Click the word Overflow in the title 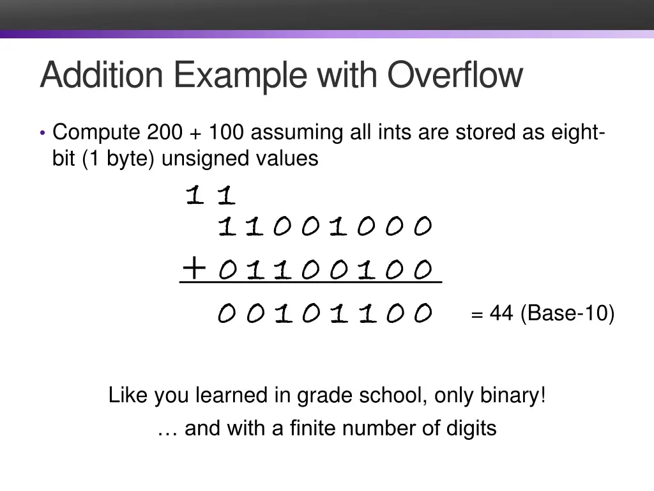[x=455, y=75]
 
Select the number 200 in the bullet [x=164, y=133]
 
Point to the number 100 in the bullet [x=226, y=133]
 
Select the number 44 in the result [x=501, y=313]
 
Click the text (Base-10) [x=568, y=313]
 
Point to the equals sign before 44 [x=477, y=315]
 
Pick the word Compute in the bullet [x=96, y=133]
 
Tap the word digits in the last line [x=469, y=428]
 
